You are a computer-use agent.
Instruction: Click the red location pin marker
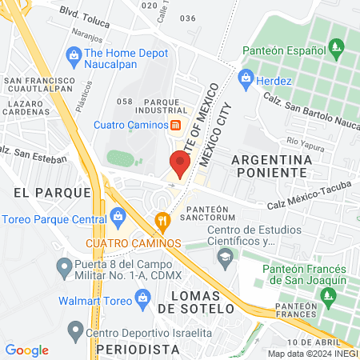(180, 164)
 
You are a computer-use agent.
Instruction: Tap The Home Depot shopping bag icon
(74, 54)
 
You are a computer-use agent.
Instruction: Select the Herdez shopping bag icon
(246, 78)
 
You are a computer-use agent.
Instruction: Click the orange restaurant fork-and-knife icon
(162, 220)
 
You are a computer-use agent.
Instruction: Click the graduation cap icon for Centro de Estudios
(225, 255)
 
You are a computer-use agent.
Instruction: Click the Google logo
(26, 350)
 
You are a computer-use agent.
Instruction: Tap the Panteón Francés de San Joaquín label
(304, 274)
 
